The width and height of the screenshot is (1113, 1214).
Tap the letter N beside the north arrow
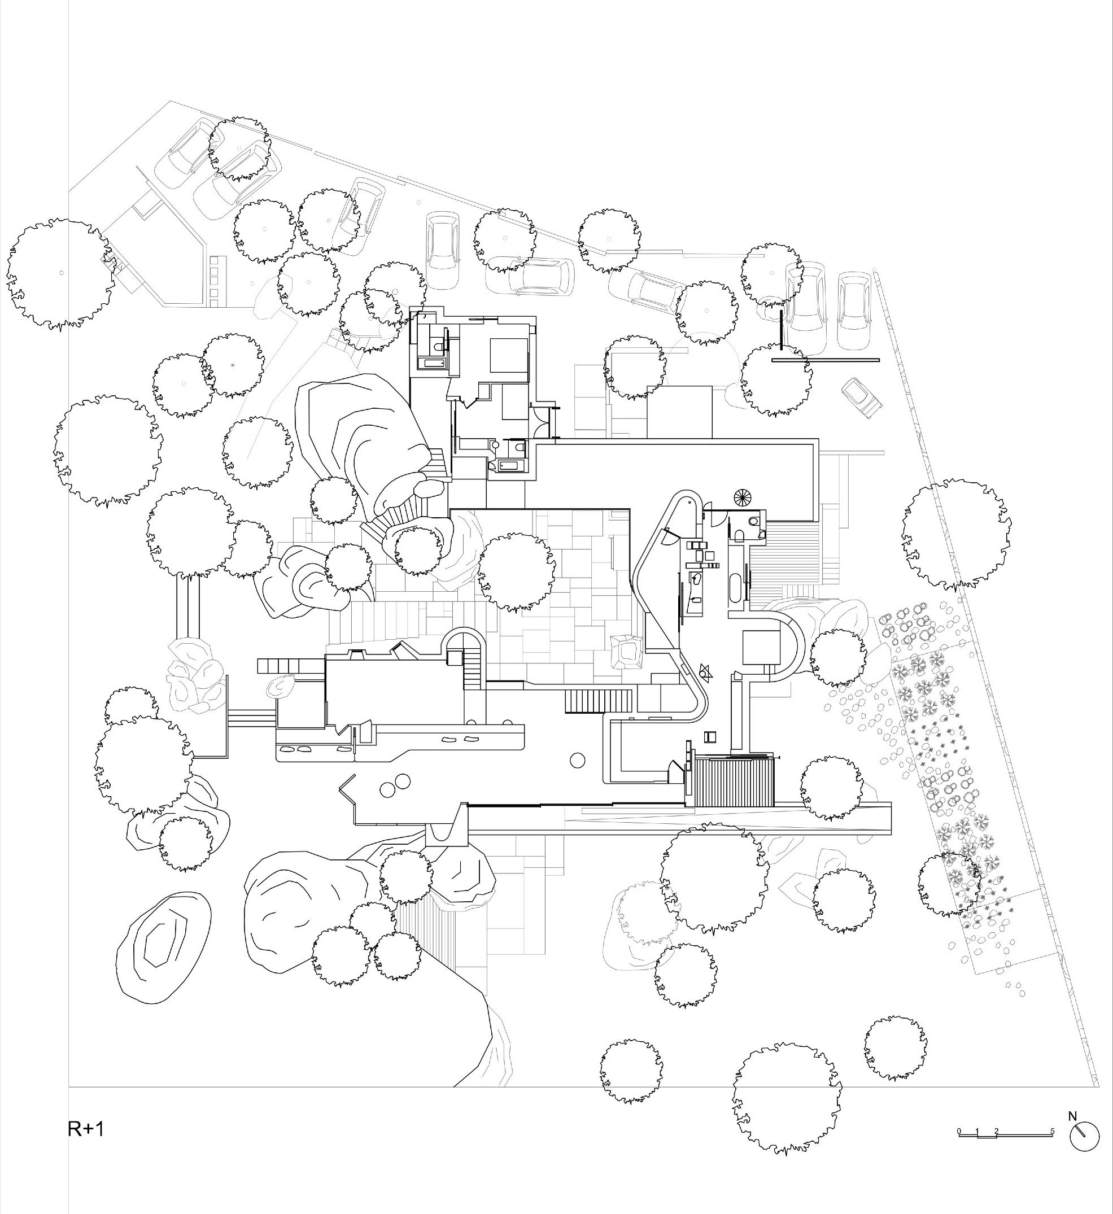(1072, 1116)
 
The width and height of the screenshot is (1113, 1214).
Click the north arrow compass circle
(1085, 1137)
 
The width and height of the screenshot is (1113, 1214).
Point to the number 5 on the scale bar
(1052, 1131)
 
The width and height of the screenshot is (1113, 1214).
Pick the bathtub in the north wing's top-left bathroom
(432, 363)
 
